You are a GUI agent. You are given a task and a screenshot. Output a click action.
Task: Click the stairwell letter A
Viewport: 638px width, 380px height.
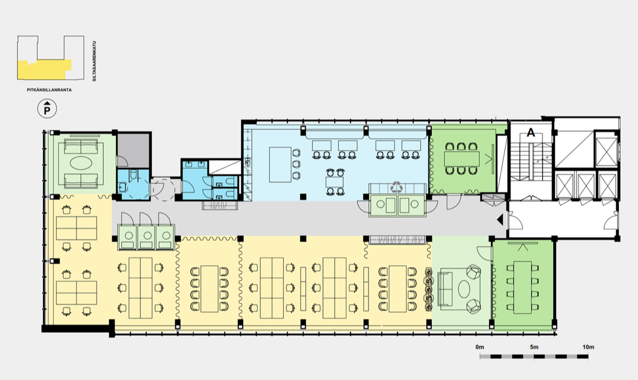coord(531,132)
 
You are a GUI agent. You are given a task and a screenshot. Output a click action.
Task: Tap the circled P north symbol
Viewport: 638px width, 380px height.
coord(47,109)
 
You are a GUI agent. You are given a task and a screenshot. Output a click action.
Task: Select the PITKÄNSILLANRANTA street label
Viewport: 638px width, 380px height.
coord(49,90)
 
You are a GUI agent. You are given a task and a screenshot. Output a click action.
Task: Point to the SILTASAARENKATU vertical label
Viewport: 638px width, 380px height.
coord(94,61)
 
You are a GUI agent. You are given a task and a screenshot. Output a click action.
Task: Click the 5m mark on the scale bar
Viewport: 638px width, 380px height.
coord(534,347)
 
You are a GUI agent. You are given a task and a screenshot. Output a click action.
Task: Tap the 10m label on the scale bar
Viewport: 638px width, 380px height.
coord(588,347)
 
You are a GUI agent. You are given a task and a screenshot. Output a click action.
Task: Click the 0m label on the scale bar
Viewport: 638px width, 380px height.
coord(480,347)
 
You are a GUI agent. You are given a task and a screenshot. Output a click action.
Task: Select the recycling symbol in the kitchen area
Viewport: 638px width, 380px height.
coord(396,187)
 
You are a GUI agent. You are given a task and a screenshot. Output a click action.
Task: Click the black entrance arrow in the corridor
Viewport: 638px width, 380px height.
coord(500,220)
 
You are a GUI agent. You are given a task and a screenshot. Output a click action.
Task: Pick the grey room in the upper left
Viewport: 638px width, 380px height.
coord(134,150)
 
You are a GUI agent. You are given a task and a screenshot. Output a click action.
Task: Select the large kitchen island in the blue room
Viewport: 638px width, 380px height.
coord(280,165)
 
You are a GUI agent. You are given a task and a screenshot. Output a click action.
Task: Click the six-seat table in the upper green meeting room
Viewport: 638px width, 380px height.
coord(462,159)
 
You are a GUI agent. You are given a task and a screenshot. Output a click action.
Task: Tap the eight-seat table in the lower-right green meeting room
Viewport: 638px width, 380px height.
coord(522,288)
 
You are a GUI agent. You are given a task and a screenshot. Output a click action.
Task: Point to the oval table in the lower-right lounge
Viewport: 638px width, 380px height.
coord(464,289)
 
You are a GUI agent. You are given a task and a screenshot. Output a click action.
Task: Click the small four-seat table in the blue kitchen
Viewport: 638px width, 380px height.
coord(335,182)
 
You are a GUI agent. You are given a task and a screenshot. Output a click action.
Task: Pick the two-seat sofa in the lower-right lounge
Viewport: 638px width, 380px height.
coord(445,289)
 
